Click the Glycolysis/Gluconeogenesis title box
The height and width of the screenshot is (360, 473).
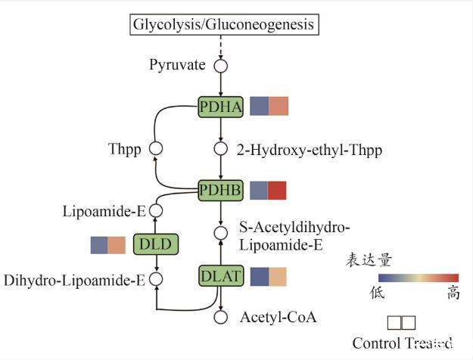pyautogui.click(x=223, y=25)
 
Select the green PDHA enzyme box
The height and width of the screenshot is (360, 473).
pyautogui.click(x=221, y=107)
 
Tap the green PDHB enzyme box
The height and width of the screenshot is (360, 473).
pyautogui.click(x=221, y=191)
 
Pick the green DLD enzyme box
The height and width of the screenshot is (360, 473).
pyautogui.click(x=155, y=244)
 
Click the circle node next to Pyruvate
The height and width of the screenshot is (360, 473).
pyautogui.click(x=221, y=66)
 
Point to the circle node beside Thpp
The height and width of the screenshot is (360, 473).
pyautogui.click(x=155, y=149)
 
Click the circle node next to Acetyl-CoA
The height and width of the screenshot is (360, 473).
pyautogui.click(x=221, y=318)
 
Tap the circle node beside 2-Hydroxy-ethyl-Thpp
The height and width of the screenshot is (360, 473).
pyautogui.click(x=221, y=149)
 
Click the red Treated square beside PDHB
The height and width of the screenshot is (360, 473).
pyautogui.click(x=278, y=191)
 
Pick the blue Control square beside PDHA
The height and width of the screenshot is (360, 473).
pyautogui.click(x=259, y=107)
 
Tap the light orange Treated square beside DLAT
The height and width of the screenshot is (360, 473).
pyautogui.click(x=278, y=277)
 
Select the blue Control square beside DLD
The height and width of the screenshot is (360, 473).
pyautogui.click(x=99, y=245)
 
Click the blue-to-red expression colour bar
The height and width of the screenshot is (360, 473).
pyautogui.click(x=408, y=277)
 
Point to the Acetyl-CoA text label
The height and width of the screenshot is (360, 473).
pyautogui.click(x=278, y=318)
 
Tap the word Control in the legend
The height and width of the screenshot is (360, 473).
pyautogui.click(x=378, y=343)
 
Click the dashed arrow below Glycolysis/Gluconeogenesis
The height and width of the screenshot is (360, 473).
pyautogui.click(x=221, y=46)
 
